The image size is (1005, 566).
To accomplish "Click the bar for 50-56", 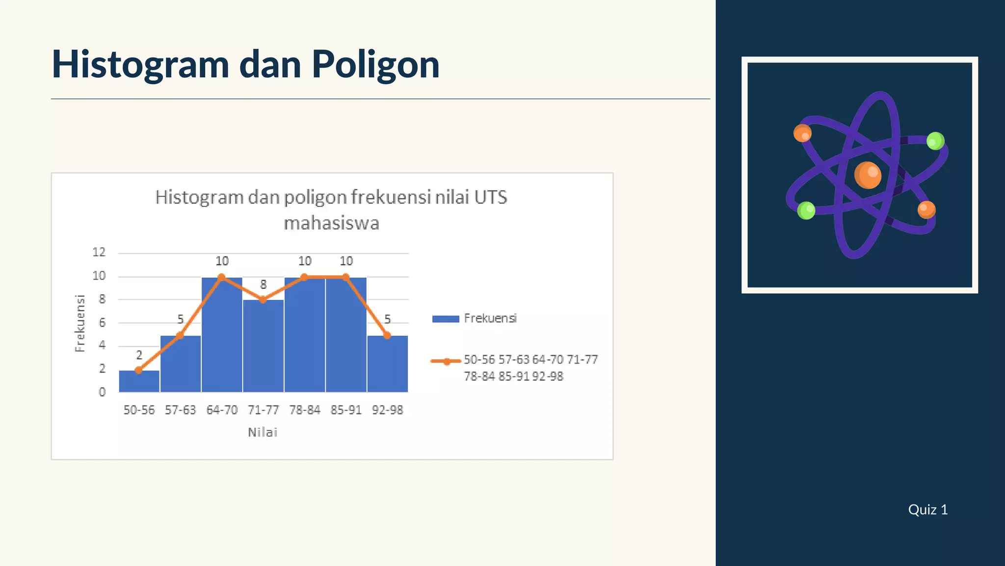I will click(x=139, y=381).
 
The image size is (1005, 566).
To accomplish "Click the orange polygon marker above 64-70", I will click(x=221, y=277).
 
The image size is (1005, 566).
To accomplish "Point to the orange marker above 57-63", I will click(x=180, y=335).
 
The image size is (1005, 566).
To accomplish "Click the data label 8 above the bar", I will click(x=263, y=284).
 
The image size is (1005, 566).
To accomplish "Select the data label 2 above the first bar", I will click(x=139, y=355).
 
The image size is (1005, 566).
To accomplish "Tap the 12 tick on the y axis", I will click(x=99, y=253).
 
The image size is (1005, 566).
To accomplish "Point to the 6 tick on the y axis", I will click(x=102, y=323).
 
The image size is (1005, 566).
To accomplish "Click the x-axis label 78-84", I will click(x=304, y=410).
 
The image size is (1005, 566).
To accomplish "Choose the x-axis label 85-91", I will click(x=346, y=410).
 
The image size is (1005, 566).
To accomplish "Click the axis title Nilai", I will click(x=263, y=432).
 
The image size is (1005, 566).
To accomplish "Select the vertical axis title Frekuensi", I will click(x=80, y=323).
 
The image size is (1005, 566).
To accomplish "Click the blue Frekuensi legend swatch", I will click(x=445, y=319).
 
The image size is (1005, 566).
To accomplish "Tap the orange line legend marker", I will click(x=446, y=362).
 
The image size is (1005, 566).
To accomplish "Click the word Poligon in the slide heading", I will click(x=375, y=64).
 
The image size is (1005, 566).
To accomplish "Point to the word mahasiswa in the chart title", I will click(x=331, y=224).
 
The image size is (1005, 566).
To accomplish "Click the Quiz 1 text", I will click(x=927, y=509).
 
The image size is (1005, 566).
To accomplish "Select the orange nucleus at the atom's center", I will click(x=868, y=175).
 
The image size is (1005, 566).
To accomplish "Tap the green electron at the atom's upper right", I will click(x=935, y=141).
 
